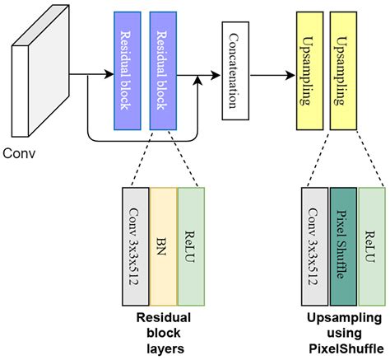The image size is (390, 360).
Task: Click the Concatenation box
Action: (235, 71)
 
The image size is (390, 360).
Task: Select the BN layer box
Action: (164, 246)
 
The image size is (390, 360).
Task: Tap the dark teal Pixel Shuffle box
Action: (343, 246)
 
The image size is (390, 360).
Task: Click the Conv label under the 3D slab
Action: (19, 153)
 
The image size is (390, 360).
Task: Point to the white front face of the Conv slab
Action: (20, 91)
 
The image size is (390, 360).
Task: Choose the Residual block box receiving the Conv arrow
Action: (128, 71)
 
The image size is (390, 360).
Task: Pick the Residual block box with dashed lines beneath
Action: (163, 71)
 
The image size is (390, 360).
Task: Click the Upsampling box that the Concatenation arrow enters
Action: (309, 71)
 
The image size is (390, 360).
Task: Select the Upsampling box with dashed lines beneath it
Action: (343, 71)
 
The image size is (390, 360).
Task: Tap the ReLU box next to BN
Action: (192, 246)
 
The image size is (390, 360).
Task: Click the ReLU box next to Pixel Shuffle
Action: (372, 246)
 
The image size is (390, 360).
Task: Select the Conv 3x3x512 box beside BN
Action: (136, 246)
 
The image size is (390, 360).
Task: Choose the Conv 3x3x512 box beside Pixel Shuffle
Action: (315, 246)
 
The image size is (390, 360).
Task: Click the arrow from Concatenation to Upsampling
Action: (272, 75)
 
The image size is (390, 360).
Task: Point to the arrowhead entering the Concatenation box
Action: (216, 75)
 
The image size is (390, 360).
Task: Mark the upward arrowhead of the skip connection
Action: (197, 80)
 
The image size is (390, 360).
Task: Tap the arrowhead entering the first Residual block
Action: (109, 74)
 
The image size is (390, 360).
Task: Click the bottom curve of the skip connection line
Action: (142, 142)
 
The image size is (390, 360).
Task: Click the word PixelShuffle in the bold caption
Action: (346, 348)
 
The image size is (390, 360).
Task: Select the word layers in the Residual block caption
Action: (165, 349)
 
